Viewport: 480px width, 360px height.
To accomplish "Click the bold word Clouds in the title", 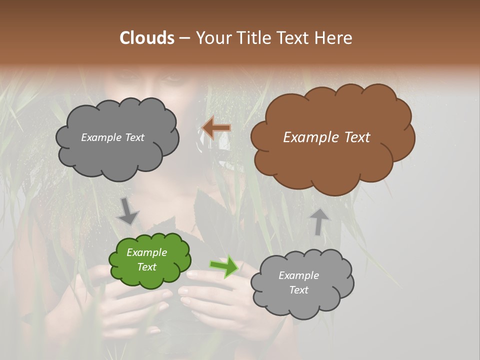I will (147, 38).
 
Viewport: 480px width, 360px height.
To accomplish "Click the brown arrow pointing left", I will (216, 128).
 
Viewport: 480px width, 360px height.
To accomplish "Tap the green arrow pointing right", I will (224, 266).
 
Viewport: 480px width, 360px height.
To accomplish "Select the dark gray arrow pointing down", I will (128, 210).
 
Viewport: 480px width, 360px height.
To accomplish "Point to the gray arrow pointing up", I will (319, 221).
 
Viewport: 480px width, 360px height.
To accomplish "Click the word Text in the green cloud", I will (147, 267).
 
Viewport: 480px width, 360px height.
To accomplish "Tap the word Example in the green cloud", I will (147, 252).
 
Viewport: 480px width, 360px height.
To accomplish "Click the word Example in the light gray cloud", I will (298, 275).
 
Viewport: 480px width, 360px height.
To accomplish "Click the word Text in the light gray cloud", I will (298, 290).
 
